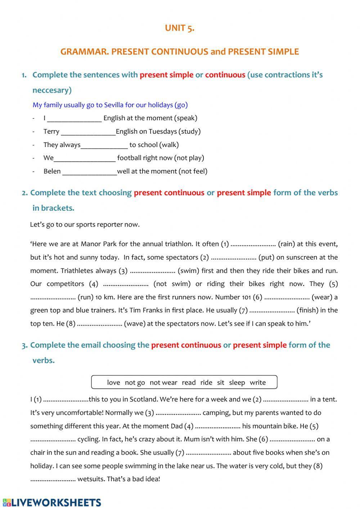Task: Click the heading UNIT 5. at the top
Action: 180,28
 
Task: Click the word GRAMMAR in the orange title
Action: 84,52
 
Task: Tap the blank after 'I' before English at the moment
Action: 74,118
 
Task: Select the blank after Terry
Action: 88,131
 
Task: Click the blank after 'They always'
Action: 104,145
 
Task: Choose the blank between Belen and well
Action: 89,171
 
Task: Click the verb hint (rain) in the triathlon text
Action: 287,244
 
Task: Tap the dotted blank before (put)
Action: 233,257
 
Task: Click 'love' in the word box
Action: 113,383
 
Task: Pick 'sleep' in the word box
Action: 237,383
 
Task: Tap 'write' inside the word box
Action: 258,383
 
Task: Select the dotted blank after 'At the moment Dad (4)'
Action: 218,426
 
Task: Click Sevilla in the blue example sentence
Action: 114,105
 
